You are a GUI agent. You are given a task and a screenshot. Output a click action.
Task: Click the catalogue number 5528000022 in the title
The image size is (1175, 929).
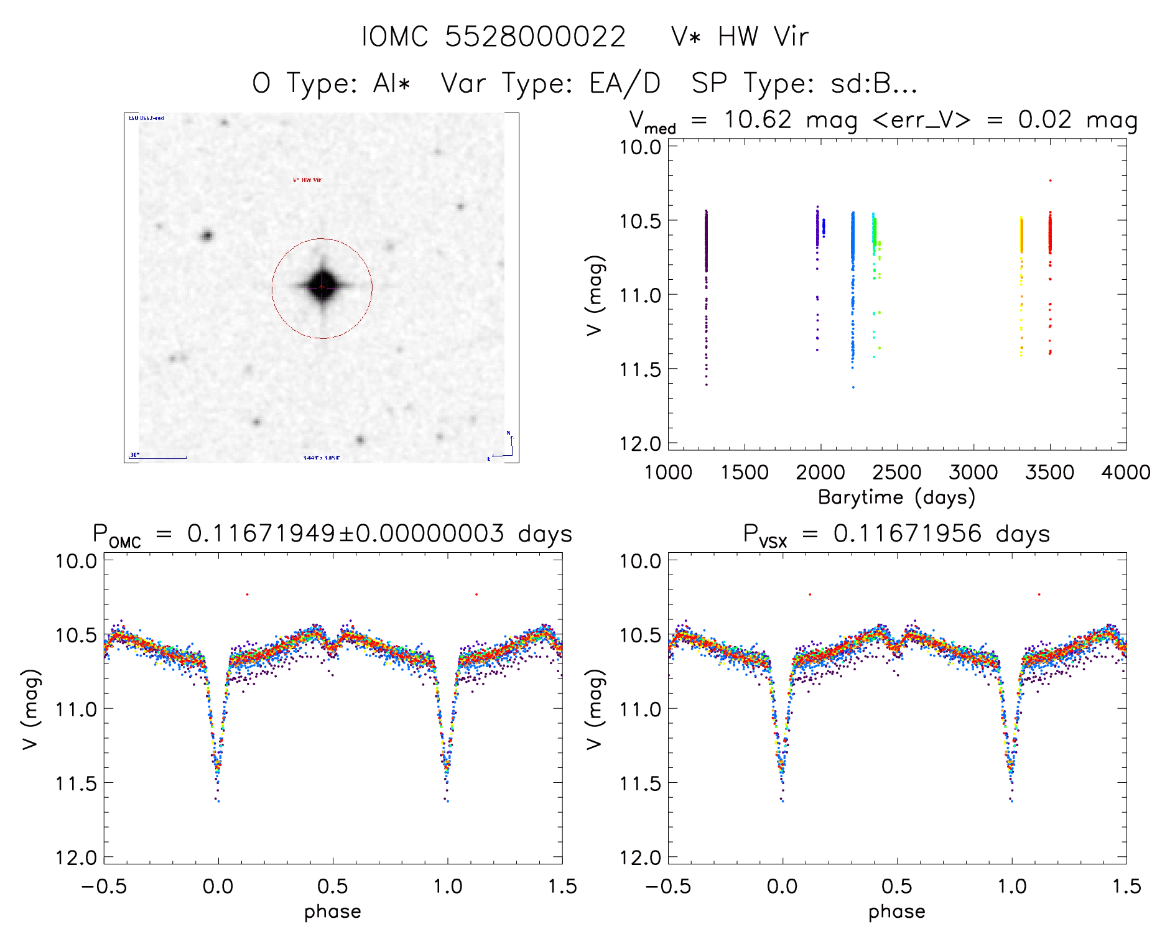[x=535, y=37]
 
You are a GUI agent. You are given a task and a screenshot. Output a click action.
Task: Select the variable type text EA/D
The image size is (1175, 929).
[x=625, y=83]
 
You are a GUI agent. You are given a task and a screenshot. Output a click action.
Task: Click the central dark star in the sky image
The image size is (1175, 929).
[x=322, y=287]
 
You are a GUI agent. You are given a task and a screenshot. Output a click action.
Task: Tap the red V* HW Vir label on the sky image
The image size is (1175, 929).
[x=307, y=180]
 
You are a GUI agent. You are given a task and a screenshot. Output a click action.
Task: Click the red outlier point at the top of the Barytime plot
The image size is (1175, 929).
[x=1051, y=180]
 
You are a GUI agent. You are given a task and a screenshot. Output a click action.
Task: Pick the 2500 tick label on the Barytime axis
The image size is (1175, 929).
[x=896, y=473]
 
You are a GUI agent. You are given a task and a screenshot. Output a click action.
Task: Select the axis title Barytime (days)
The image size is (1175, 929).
[x=896, y=497]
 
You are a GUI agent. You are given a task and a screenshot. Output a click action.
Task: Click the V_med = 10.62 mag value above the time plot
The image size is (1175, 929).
[x=758, y=120]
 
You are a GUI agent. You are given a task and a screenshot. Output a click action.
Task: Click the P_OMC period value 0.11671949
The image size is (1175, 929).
[x=261, y=534]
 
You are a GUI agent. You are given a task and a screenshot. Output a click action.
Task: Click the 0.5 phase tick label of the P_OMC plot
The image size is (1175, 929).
[x=333, y=886]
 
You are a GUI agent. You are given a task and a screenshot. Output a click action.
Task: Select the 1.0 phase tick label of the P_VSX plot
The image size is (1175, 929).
[x=1012, y=886]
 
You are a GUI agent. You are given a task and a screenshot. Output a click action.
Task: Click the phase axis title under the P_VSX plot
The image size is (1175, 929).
[x=896, y=912]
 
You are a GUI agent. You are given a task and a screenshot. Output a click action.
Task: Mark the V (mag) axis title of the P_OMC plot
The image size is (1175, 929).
[x=31, y=709]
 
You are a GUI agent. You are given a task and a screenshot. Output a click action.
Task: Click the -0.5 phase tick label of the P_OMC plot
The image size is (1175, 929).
[x=104, y=886]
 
